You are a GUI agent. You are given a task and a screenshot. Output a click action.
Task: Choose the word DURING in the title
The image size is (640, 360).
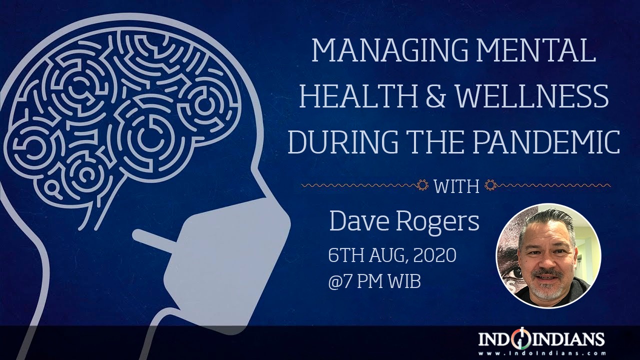pos(343,142)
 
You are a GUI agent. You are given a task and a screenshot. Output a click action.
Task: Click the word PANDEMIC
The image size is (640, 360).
pos(547,142)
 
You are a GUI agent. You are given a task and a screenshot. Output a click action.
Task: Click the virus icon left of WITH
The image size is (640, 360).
pos(422,185)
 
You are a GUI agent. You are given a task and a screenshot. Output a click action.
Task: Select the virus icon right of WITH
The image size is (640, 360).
pos(491,185)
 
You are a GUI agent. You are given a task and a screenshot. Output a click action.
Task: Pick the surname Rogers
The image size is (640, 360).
pos(437,223)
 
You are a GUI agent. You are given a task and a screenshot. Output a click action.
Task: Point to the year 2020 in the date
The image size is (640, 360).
pos(434,255)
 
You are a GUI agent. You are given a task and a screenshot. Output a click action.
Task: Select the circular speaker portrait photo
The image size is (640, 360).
pos(548,256)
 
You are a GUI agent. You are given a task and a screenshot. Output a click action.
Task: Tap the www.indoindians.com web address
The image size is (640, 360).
pos(541,353)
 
